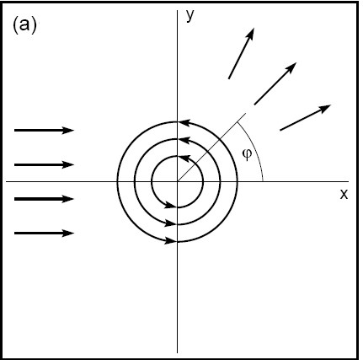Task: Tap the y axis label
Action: tap(191, 15)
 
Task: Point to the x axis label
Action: tap(344, 195)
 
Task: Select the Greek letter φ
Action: tap(247, 154)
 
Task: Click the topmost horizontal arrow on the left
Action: tap(45, 130)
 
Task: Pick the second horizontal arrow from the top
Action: tap(45, 164)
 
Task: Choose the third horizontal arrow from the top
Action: tap(45, 199)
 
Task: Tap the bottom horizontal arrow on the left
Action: tap(45, 233)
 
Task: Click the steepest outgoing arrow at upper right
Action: tap(241, 54)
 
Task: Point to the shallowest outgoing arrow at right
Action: tap(305, 117)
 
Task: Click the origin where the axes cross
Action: tap(177, 181)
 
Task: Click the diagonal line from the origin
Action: tap(211, 148)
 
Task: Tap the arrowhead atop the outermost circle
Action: tap(173, 121)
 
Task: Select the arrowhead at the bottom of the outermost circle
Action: tap(172, 241)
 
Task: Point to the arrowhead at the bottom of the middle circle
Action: tap(172, 223)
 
